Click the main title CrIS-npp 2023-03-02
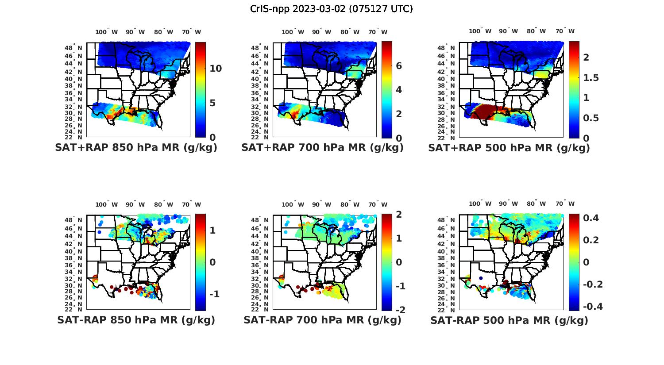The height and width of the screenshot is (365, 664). [331, 9]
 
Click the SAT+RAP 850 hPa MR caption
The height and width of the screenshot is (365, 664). [136, 148]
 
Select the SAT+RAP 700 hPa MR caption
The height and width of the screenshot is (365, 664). [322, 148]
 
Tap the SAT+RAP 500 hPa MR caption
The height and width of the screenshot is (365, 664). [509, 148]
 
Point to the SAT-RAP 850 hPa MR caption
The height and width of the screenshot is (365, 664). [136, 320]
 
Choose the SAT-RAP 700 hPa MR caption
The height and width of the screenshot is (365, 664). [322, 320]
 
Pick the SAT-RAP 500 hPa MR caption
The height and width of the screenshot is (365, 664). [509, 320]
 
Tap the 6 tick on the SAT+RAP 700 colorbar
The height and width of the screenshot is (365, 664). [398, 66]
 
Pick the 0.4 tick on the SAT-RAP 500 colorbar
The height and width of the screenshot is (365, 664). [591, 218]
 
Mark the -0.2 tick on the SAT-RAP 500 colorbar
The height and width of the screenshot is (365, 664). [592, 284]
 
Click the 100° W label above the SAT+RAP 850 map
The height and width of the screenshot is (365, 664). [107, 32]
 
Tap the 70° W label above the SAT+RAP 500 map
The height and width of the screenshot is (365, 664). [565, 31]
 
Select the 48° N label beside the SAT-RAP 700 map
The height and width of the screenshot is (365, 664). [263, 220]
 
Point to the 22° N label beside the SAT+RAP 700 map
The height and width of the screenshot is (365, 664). [263, 138]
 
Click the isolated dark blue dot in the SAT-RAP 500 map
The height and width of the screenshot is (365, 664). [481, 278]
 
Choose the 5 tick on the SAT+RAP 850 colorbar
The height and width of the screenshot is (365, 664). [213, 103]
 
